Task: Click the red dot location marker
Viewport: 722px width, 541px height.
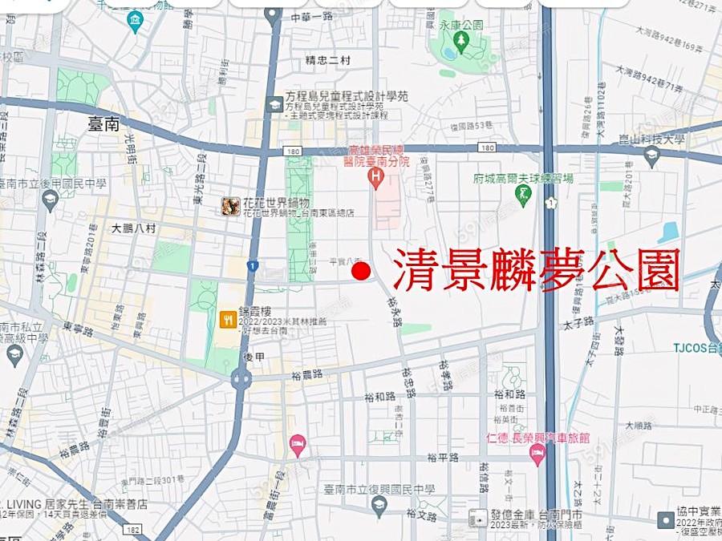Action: coord(361,272)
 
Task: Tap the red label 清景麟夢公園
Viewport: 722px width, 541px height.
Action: coord(537,269)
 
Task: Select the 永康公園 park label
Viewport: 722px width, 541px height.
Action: coord(461,25)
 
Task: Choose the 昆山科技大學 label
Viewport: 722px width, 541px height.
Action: coord(652,139)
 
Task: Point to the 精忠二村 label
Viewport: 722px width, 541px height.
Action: coord(327,60)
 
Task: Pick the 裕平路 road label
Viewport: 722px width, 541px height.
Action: coord(442,458)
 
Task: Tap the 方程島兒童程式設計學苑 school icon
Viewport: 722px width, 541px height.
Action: coord(274,103)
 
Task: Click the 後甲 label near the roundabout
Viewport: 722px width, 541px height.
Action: coord(253,356)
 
